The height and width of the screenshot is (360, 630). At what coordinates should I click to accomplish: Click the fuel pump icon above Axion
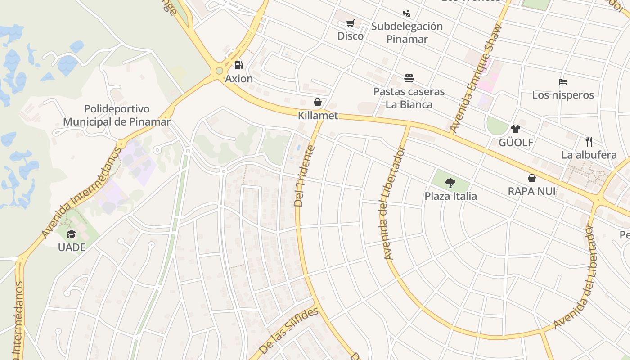[239, 65]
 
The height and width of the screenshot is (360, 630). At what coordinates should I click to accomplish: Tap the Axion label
[239, 79]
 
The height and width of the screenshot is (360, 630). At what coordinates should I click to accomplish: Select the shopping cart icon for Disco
[351, 23]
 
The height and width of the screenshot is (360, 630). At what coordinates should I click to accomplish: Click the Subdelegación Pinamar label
[407, 32]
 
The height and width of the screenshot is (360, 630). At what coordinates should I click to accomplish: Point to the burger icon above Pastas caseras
[409, 78]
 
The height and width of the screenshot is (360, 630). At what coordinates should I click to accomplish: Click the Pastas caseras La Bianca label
[409, 98]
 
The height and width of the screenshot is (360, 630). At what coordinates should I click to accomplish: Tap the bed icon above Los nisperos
[562, 82]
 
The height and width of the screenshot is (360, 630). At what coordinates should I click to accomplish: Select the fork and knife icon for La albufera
[589, 142]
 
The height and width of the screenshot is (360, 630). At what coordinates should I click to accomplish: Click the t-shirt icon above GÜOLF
[515, 129]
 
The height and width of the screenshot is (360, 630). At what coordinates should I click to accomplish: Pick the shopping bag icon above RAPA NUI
[531, 178]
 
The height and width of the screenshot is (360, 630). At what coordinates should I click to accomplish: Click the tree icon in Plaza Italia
[450, 183]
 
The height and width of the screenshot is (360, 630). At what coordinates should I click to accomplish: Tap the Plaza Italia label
[450, 196]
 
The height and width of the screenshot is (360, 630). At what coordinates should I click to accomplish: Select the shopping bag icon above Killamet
[318, 103]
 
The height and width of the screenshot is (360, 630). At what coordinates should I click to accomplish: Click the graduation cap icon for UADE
[72, 234]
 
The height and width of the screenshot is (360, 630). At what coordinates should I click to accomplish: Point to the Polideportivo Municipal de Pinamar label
[117, 115]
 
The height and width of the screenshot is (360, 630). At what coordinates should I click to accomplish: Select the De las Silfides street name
[289, 330]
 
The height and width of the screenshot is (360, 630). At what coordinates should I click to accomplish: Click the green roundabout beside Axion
[219, 71]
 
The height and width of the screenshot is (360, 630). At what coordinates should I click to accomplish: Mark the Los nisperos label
[563, 95]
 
